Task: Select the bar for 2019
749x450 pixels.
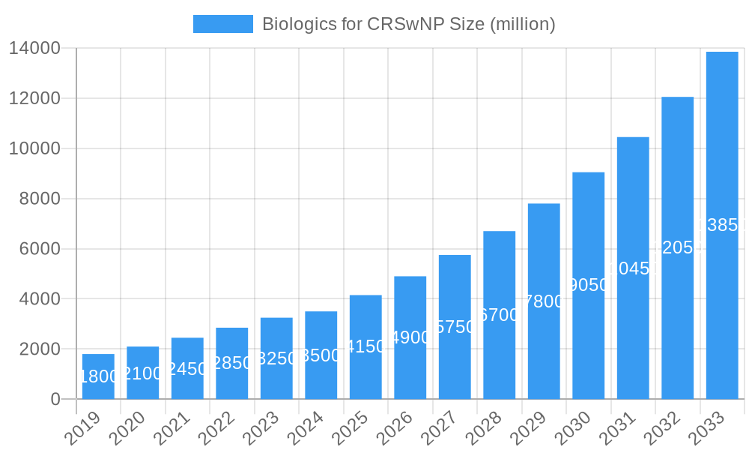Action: pyautogui.click(x=98, y=376)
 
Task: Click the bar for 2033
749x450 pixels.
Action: pyautogui.click(x=722, y=225)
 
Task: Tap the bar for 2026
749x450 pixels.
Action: pyautogui.click(x=410, y=337)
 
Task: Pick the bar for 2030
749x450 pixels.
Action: pyautogui.click(x=588, y=286)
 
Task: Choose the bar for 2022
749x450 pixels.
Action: pyautogui.click(x=231, y=363)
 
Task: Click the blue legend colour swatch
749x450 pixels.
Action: pyautogui.click(x=222, y=24)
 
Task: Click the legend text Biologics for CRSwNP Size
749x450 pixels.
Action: pyautogui.click(x=408, y=24)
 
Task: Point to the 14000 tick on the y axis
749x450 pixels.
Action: pyautogui.click(x=34, y=49)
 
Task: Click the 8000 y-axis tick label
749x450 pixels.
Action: pyautogui.click(x=39, y=199)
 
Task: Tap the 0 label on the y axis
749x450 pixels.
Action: pyautogui.click(x=55, y=400)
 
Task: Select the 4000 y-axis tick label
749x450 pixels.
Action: pyautogui.click(x=39, y=299)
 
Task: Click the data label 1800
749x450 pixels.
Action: pyautogui.click(x=98, y=376)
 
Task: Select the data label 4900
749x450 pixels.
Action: pyautogui.click(x=410, y=337)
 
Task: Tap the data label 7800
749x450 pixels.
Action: pyautogui.click(x=544, y=301)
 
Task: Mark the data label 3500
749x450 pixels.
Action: pyautogui.click(x=321, y=355)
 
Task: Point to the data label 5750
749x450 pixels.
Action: pyautogui.click(x=455, y=327)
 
